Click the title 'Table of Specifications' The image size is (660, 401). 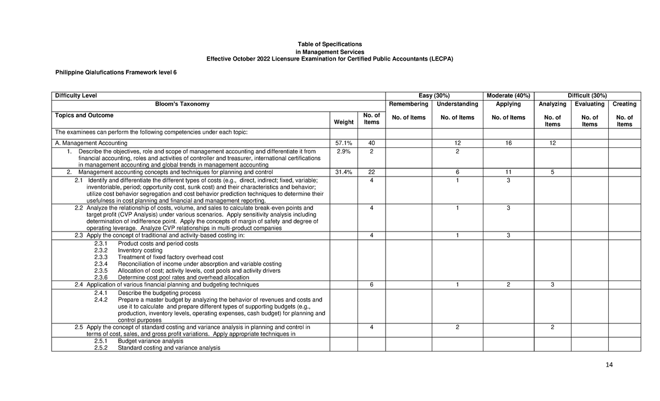[329, 43]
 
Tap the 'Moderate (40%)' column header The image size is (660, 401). [508, 96]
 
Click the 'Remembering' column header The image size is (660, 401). [408, 104]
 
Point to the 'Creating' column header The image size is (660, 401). [624, 104]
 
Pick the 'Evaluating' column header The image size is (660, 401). [589, 104]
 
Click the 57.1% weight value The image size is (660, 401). [343, 143]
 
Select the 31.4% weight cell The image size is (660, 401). [343, 172]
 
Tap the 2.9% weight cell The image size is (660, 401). [343, 151]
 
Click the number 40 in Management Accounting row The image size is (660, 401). [372, 143]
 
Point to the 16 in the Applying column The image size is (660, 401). [508, 143]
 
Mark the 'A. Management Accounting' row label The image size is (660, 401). [91, 143]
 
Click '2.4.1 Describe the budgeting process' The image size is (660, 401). [147, 293]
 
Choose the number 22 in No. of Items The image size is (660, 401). [372, 172]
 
